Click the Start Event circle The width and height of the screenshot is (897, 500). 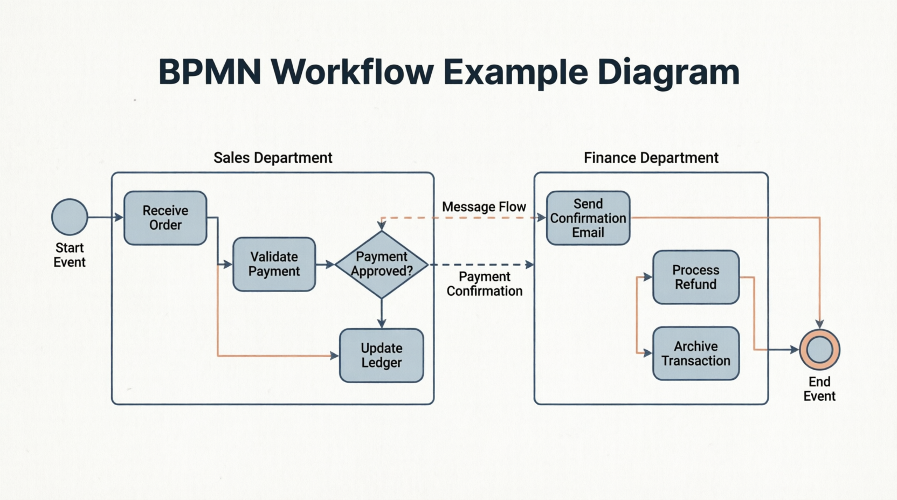[70, 217]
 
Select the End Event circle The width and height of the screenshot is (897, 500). [819, 350]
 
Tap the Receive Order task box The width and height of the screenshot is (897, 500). [165, 218]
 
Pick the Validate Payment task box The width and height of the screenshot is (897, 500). [274, 265]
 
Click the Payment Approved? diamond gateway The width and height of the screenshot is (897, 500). [382, 265]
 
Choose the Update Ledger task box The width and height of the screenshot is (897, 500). [382, 356]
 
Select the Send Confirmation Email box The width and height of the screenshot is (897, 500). [588, 218]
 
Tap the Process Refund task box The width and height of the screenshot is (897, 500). [696, 277]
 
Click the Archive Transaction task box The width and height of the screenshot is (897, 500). [696, 353]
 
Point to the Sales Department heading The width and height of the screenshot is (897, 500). [273, 158]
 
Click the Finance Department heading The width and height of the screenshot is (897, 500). [651, 158]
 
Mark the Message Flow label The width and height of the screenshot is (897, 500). [484, 207]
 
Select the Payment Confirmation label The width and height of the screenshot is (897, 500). [485, 284]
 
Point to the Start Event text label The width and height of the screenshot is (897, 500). [70, 255]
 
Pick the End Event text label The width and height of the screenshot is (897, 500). [819, 389]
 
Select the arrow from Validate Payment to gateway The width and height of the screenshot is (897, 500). [325, 265]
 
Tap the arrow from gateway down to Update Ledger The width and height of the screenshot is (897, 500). [382, 313]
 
